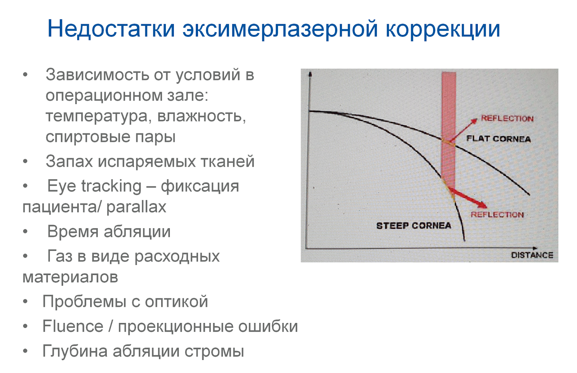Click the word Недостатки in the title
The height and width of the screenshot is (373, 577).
coord(111,29)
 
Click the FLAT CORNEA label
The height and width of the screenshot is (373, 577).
coord(498,139)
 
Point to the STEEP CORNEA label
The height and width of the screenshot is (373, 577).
coord(414,226)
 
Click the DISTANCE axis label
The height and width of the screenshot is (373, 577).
coord(532,255)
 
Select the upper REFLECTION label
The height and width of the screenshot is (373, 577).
coord(507,118)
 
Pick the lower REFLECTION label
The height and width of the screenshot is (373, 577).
coord(497,215)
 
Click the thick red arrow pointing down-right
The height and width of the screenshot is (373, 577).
coord(468,198)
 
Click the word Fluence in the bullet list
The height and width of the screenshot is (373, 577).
coord(73,326)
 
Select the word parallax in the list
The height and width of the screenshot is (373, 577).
coord(136,207)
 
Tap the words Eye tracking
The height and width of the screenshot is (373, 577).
coord(94,186)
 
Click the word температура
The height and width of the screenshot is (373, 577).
coord(97,117)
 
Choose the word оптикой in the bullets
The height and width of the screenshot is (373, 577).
coord(176,301)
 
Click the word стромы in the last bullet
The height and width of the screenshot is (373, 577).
coord(214,351)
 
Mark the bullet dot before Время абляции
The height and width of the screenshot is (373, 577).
coord(25,232)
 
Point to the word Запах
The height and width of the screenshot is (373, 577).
coord(69,162)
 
